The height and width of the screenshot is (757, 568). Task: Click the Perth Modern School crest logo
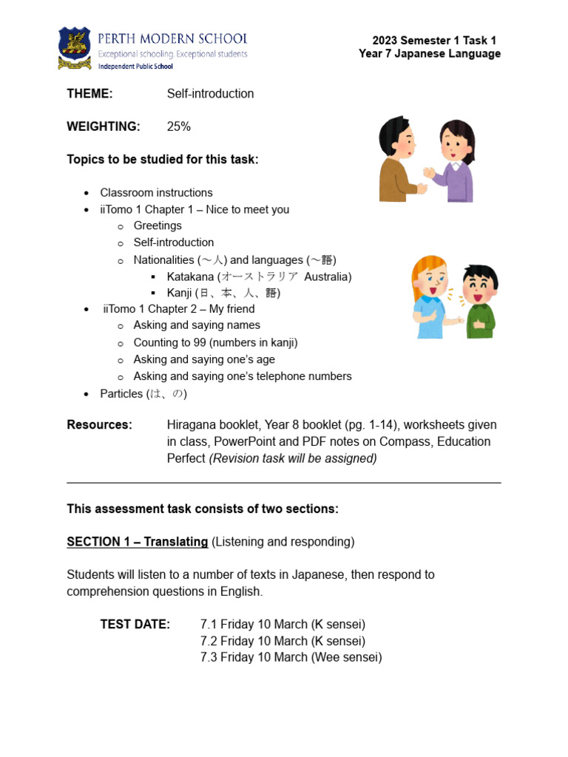tap(75, 48)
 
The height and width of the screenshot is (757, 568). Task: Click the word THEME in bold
tap(89, 94)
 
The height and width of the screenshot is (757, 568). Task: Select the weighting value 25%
tap(178, 126)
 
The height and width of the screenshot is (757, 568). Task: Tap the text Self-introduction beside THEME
tap(210, 94)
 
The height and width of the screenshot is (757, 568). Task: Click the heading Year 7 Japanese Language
tap(429, 54)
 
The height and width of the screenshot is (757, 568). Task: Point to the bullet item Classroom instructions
tap(156, 193)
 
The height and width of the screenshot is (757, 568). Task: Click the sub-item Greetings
tap(158, 225)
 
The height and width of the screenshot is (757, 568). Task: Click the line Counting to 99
tap(215, 343)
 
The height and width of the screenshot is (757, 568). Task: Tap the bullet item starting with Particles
tap(143, 394)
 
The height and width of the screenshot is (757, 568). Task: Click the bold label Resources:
tap(100, 425)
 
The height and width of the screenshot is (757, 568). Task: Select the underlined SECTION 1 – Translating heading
tap(137, 542)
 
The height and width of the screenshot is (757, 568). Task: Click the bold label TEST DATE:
tap(135, 625)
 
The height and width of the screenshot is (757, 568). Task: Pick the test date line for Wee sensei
tap(291, 657)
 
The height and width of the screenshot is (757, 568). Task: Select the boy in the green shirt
tap(480, 301)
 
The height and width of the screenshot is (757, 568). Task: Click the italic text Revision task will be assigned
tap(293, 458)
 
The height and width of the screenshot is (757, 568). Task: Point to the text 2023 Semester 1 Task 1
tap(433, 40)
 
